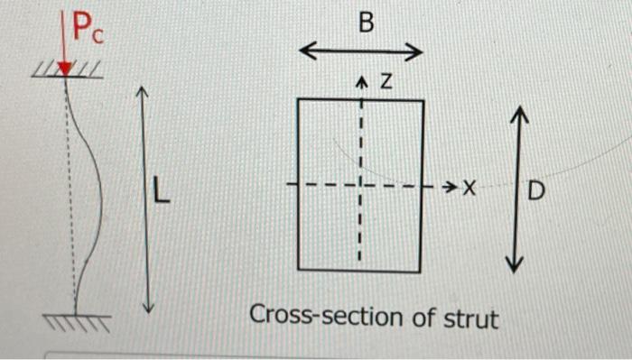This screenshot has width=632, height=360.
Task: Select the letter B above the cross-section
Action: (365, 23)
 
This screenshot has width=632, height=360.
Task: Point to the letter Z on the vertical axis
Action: (386, 84)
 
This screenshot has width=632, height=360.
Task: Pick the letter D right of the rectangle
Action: (536, 192)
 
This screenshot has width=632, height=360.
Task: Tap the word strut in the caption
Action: (470, 318)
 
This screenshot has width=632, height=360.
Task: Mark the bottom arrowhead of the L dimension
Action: (150, 307)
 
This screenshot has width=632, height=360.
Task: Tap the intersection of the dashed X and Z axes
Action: (360, 187)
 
